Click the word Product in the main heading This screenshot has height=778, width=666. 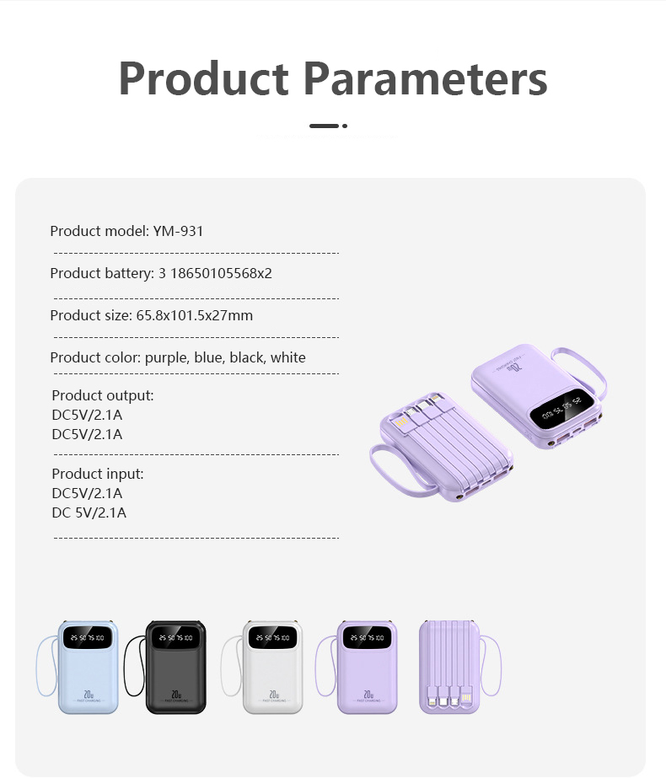pos(205,78)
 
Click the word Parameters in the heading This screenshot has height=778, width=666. pos(426,78)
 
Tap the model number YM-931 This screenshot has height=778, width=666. pos(178,231)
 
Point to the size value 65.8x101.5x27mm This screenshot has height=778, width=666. pos(194,315)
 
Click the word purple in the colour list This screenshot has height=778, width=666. pos(167,357)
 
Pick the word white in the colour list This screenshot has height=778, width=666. pos(287,357)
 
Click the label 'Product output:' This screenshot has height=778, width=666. pos(103,395)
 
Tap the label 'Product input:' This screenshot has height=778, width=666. pos(98,474)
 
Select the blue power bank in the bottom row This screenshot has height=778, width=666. pos(88,667)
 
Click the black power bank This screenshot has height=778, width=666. pos(175,667)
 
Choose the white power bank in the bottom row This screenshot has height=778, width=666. pos(272,667)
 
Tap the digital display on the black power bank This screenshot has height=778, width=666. pos(175,638)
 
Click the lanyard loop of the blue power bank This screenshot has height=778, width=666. pos(44,667)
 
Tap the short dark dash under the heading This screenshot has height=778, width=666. pos(324,126)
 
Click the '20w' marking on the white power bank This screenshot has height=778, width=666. pos(273,695)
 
